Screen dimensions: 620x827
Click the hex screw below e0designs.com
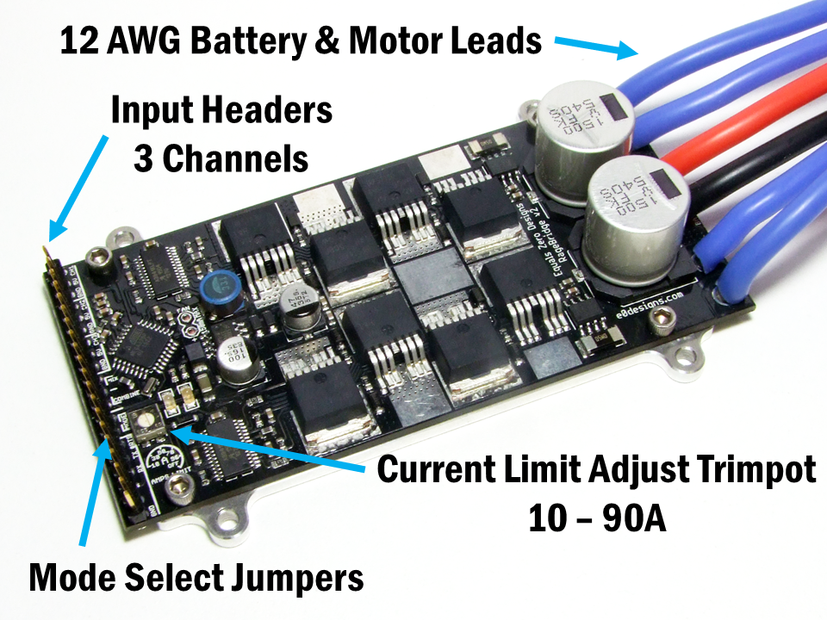661,323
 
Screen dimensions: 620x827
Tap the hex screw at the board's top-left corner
101,256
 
